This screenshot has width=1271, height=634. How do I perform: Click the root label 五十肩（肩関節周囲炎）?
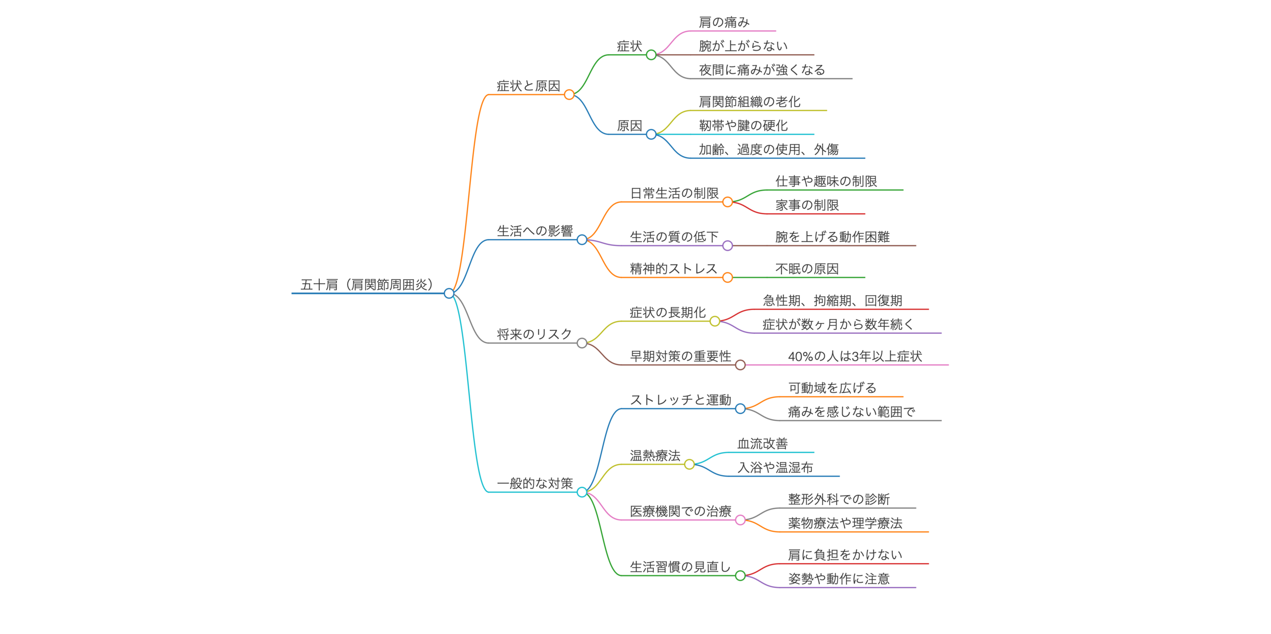[x=367, y=285]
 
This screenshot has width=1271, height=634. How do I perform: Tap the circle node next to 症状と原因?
[x=569, y=95]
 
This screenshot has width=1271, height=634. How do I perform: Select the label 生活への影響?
[x=535, y=231]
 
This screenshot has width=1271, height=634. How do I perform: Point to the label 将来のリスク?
[x=534, y=334]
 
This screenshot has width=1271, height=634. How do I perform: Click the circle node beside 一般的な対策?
[x=582, y=492]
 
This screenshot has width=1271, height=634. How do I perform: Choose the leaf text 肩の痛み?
[x=724, y=22]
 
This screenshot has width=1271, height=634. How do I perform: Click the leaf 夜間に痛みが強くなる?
[x=762, y=70]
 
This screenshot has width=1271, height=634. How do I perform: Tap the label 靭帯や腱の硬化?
[x=743, y=126]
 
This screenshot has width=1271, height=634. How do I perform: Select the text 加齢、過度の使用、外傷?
[x=769, y=149]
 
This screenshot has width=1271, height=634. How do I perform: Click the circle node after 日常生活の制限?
[x=727, y=202]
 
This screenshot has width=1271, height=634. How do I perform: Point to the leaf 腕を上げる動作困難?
[x=832, y=237]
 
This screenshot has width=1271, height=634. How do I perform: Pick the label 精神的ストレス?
[x=673, y=269]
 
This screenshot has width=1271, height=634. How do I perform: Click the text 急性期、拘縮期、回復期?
[x=832, y=301]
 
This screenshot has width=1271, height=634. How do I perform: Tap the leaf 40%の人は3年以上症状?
[x=854, y=356]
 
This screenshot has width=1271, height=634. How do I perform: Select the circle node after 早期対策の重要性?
[x=740, y=365]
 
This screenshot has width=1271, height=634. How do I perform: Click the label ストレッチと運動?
[x=680, y=400]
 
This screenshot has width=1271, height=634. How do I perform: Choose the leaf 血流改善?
[x=762, y=444]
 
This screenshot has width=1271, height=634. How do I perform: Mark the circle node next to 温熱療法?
[x=689, y=464]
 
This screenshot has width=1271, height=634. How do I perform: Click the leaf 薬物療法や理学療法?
[x=845, y=523]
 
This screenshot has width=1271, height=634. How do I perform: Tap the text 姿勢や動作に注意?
[x=839, y=578]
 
